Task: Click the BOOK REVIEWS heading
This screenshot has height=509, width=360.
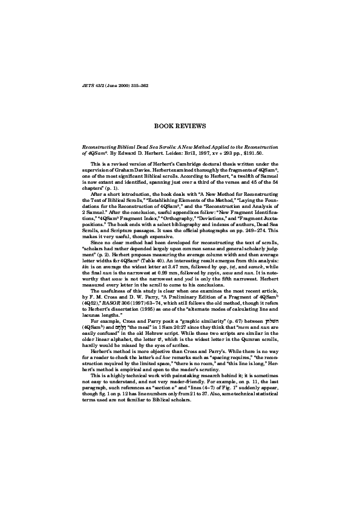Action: point(180,126)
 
